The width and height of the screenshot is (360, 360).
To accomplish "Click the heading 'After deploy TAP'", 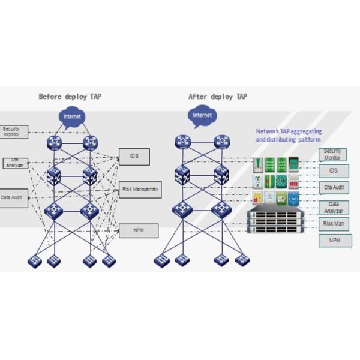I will click(217, 97).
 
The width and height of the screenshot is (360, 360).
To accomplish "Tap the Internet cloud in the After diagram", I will click(202, 115).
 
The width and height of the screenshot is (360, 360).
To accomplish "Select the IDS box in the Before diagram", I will click(134, 157).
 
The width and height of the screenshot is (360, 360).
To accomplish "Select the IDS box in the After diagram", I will click(333, 171).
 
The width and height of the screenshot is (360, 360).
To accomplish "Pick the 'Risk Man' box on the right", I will click(333, 224).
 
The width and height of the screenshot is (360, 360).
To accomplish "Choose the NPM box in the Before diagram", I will click(139, 230).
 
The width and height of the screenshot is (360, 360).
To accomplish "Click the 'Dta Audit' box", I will click(333, 188).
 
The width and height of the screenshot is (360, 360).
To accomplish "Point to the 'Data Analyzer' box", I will click(333, 207).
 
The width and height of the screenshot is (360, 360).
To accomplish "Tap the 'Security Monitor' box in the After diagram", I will click(332, 154).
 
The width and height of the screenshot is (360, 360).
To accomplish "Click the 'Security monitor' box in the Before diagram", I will click(13, 131).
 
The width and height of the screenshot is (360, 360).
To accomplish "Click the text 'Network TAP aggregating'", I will click(289, 131).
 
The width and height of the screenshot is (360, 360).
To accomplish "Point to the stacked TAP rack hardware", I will click(275, 222).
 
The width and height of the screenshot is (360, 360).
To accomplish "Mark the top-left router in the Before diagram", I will click(55, 142).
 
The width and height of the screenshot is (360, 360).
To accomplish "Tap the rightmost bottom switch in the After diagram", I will click(242, 260).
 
